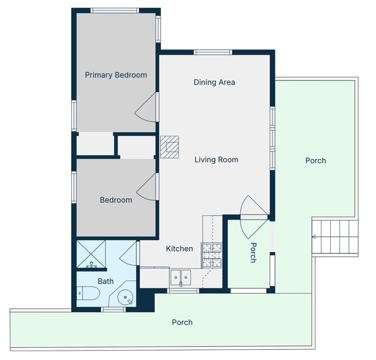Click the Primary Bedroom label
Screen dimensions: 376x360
(116, 75)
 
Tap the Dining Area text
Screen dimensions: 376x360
(214, 82)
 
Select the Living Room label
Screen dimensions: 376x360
(216, 160)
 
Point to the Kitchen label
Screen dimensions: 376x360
(179, 248)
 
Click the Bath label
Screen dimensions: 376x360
(106, 281)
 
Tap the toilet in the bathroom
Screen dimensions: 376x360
(88, 293)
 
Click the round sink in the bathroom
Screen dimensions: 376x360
(125, 297)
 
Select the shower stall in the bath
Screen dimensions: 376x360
(91, 254)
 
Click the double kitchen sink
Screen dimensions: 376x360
(180, 278)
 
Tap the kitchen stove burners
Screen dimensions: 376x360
(211, 255)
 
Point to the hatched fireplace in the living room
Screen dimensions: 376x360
(170, 147)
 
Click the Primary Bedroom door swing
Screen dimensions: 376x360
(146, 107)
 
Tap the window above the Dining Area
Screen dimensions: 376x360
(213, 52)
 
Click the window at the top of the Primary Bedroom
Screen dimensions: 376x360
(115, 11)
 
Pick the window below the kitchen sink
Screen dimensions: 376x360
(183, 291)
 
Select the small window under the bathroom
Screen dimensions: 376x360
(113, 309)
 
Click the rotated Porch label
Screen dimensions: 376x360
(253, 253)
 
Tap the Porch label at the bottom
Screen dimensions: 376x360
(182, 322)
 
